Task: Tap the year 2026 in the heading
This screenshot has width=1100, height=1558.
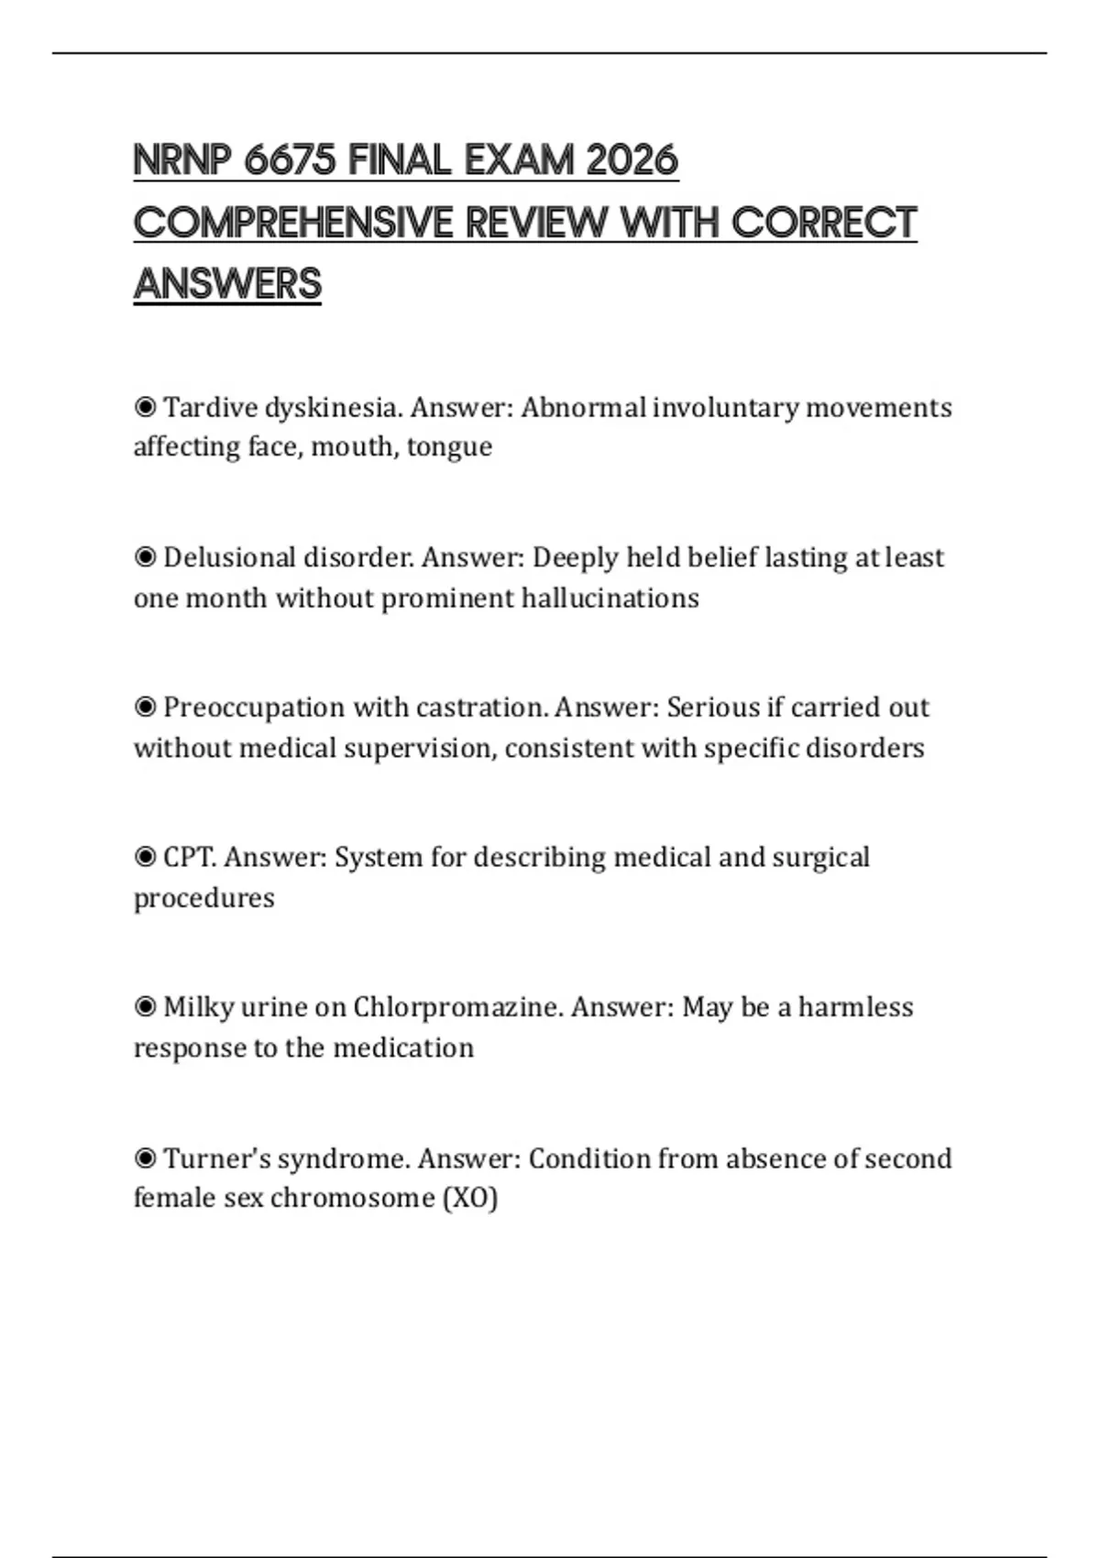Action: [x=632, y=161]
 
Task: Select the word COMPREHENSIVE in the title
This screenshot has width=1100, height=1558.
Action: [x=293, y=223]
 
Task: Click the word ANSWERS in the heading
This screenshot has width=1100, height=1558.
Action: [x=227, y=284]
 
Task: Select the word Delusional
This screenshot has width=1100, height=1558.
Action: [x=229, y=557]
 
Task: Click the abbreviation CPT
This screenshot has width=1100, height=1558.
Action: [x=190, y=858]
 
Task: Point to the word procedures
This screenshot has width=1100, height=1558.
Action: [x=203, y=898]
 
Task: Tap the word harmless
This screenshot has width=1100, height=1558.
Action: [x=855, y=1007]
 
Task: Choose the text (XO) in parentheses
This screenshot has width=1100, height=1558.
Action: [x=469, y=1198]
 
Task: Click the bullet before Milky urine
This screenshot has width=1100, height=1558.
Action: [x=145, y=1007]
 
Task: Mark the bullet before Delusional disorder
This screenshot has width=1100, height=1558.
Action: [x=145, y=557]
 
